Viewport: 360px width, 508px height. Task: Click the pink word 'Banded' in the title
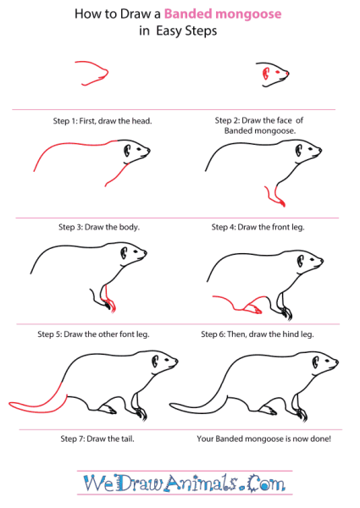pos(188,14)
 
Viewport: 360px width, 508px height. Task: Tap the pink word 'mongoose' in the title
pos(248,14)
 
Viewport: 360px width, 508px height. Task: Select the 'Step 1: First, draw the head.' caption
pos(102,121)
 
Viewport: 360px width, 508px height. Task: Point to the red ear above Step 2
pos(266,73)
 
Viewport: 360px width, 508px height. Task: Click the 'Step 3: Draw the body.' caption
pos(99,227)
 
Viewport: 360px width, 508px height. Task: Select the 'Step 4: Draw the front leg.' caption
pos(258,227)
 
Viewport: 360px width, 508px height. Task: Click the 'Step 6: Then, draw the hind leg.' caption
pos(258,334)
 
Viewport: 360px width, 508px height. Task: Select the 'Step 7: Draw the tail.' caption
pos(97,439)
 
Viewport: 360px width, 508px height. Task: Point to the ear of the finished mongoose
pos(316,362)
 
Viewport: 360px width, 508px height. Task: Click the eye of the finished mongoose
pos(328,361)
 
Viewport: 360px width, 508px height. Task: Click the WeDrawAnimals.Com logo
pos(185,483)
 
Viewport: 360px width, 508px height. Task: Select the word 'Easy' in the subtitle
pos(169,31)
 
